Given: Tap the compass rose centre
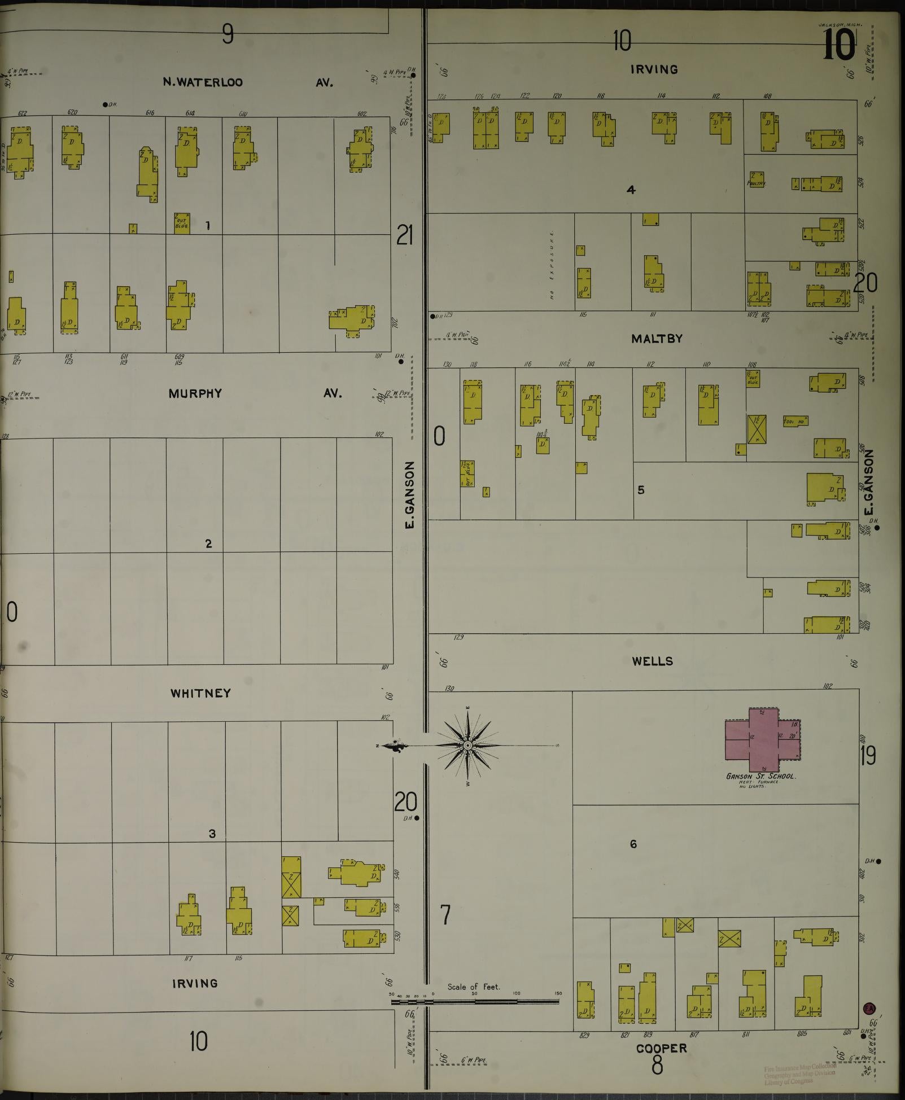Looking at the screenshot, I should [467, 746].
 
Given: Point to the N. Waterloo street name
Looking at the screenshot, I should [203, 82].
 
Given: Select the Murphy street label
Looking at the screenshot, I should [195, 393].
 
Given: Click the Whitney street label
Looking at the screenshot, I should [200, 693].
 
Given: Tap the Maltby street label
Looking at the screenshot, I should [657, 339].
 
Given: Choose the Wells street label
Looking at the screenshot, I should [652, 661].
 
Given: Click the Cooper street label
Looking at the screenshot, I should [661, 1049].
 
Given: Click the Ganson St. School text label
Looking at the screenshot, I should [760, 777].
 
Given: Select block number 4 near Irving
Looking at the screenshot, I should [631, 190].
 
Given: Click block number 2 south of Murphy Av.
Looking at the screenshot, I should [208, 544].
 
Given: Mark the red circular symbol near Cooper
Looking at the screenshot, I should [869, 1007].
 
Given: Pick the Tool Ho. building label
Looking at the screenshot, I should [795, 422].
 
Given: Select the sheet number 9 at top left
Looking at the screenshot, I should [227, 35].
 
